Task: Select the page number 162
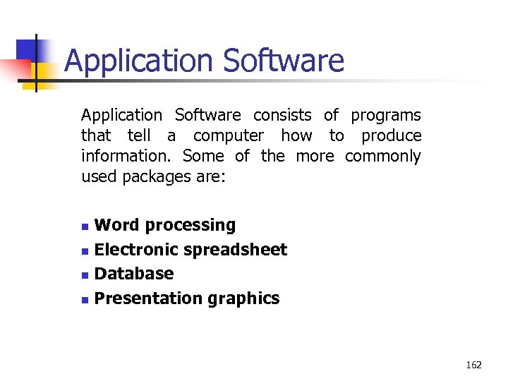(x=474, y=365)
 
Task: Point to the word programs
(x=386, y=116)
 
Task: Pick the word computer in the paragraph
(x=229, y=135)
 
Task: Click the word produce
(x=392, y=136)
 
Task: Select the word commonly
(x=383, y=156)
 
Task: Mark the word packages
(x=150, y=176)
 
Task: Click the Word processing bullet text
(x=165, y=226)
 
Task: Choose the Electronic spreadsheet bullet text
(x=190, y=250)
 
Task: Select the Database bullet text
(x=134, y=274)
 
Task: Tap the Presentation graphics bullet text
(x=187, y=298)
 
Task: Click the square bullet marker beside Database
(x=85, y=275)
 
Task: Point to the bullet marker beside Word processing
(x=85, y=227)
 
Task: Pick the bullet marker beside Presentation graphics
(x=85, y=300)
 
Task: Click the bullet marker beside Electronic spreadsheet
(x=85, y=251)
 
